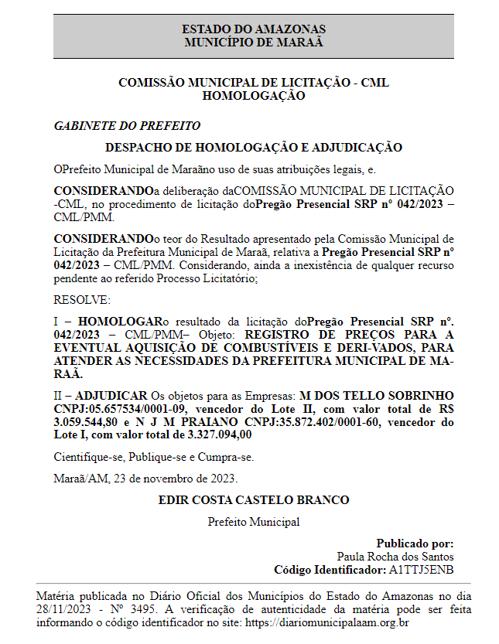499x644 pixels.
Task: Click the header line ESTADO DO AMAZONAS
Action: (x=253, y=29)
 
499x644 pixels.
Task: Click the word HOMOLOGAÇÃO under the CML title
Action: (x=253, y=97)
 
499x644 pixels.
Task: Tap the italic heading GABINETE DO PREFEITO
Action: (x=127, y=125)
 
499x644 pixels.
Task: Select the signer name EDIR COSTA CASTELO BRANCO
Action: (x=253, y=500)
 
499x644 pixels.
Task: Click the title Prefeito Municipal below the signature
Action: (x=253, y=522)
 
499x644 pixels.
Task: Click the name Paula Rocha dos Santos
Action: (x=395, y=557)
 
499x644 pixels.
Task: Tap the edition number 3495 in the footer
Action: (x=146, y=608)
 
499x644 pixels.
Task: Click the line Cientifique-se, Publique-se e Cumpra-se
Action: (x=153, y=457)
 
